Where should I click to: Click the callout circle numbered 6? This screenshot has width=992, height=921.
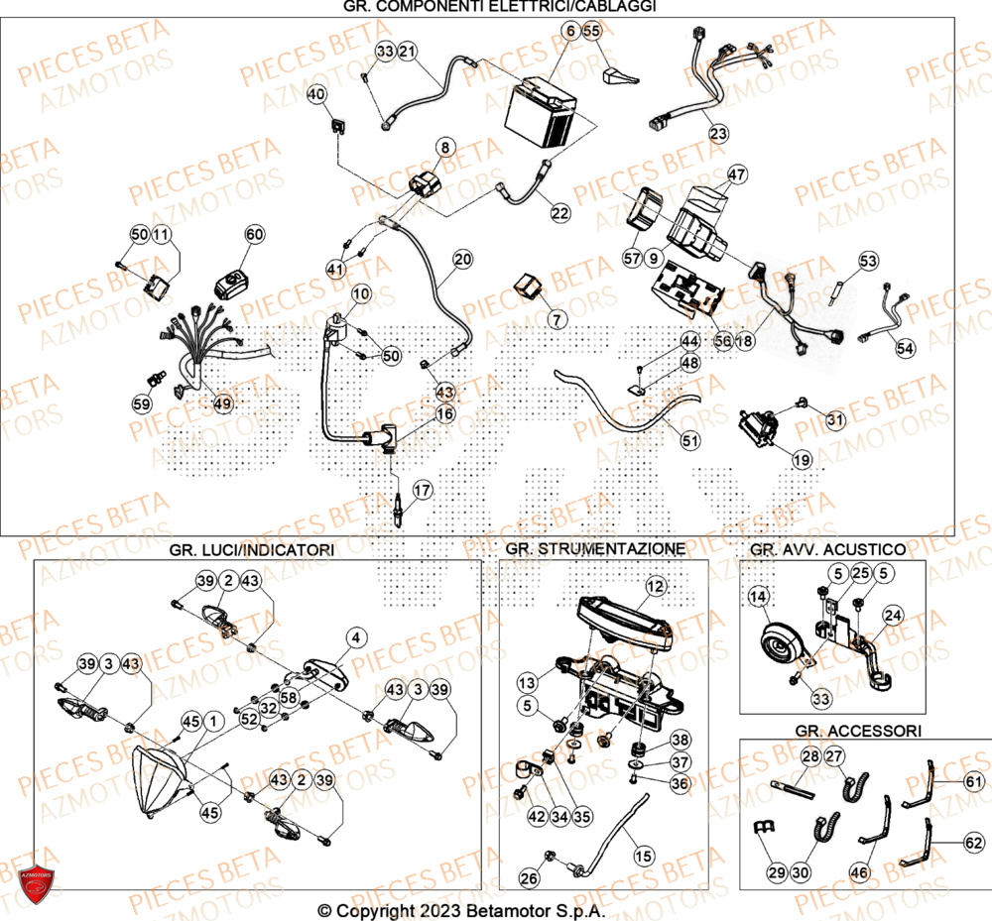[x=570, y=32]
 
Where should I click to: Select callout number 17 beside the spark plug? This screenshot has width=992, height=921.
[x=423, y=490]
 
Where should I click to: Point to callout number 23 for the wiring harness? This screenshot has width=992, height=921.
[x=717, y=133]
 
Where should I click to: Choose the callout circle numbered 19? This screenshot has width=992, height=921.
[x=802, y=459]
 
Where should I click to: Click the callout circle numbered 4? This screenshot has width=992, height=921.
[x=355, y=637]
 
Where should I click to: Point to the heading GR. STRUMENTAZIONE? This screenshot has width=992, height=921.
[x=594, y=548]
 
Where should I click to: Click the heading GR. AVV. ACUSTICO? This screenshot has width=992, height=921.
[x=827, y=548]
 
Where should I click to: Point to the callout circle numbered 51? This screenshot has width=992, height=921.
[x=688, y=437]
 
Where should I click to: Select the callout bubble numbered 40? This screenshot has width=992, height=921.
[x=315, y=95]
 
